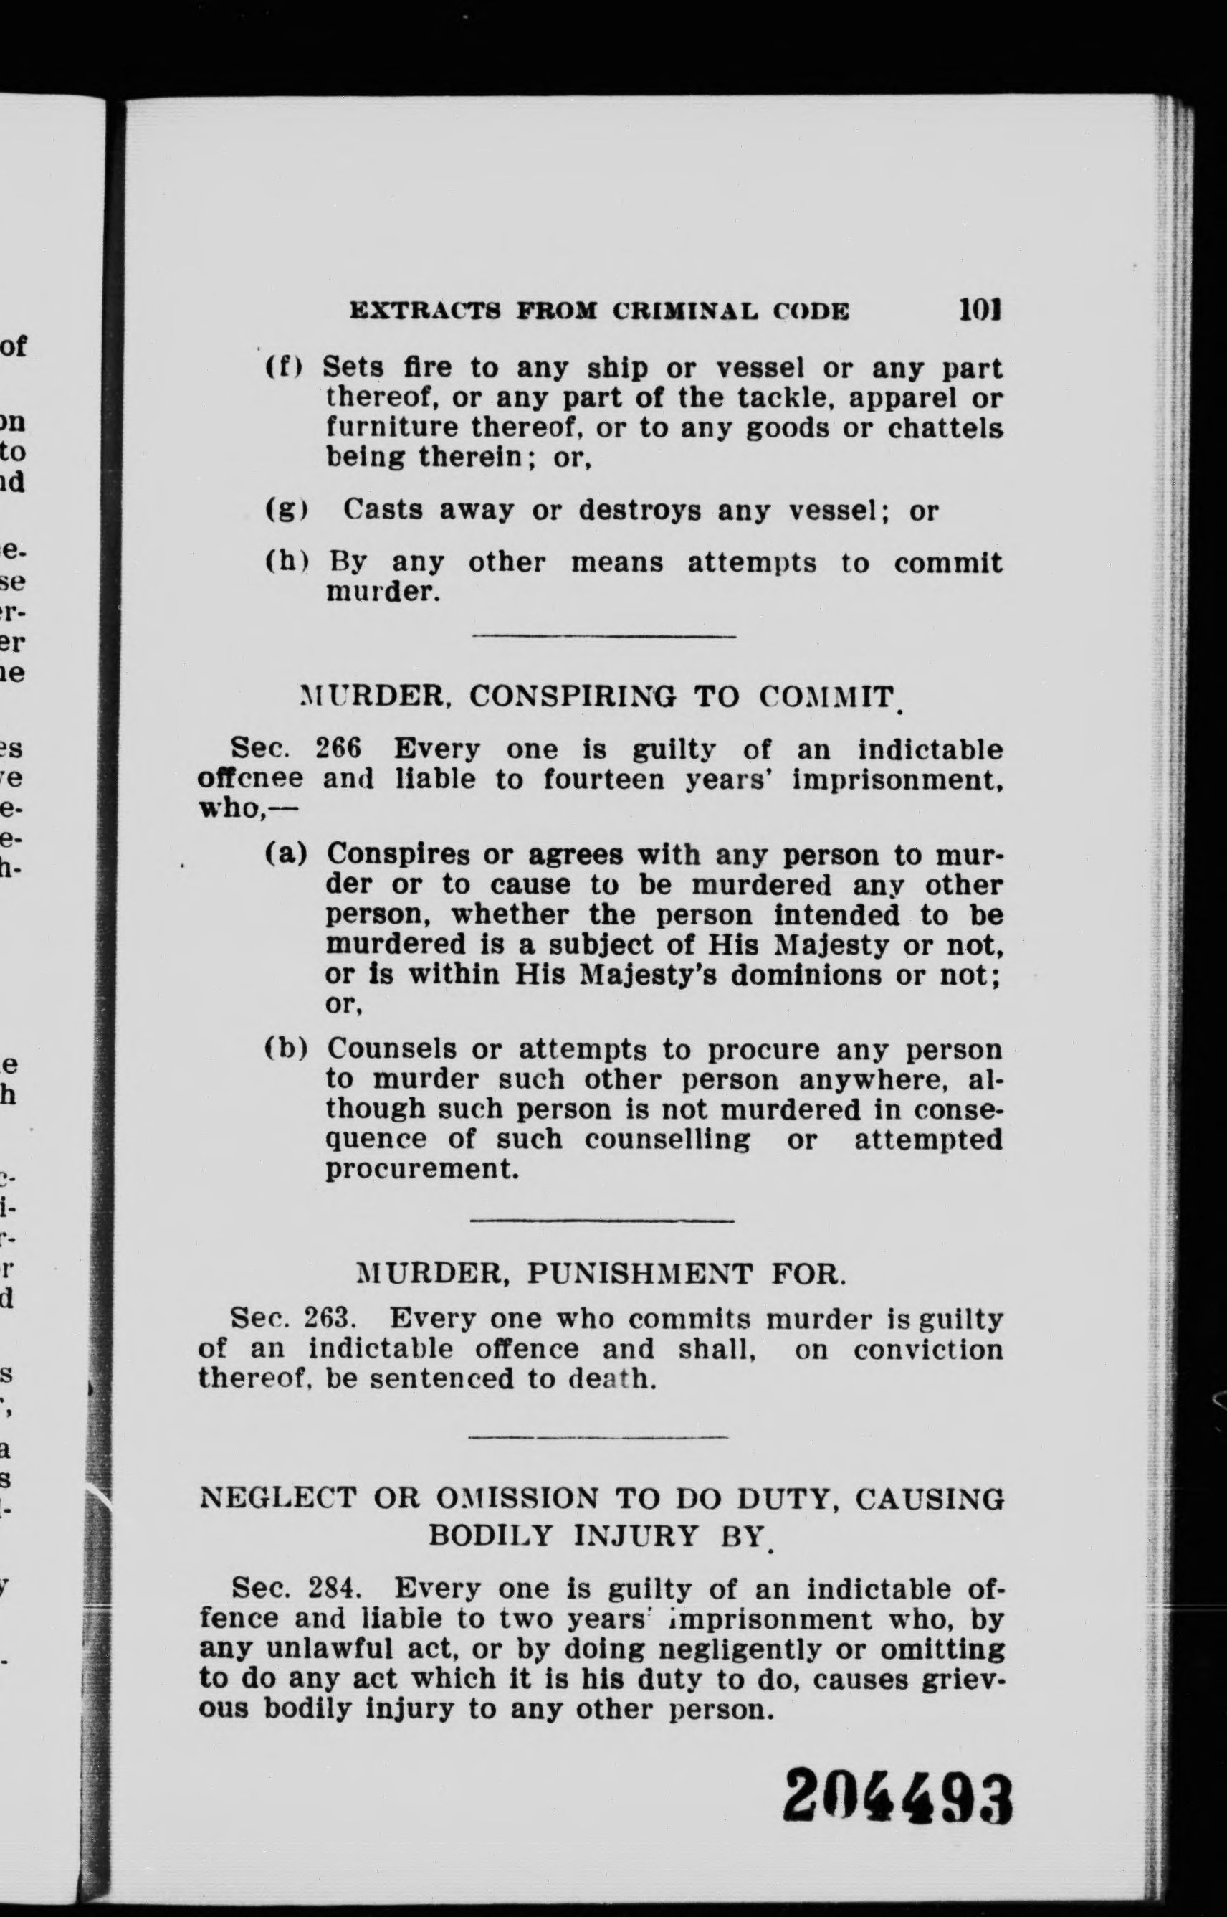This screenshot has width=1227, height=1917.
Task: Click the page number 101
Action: coord(979,309)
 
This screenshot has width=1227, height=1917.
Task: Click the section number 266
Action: coord(338,749)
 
